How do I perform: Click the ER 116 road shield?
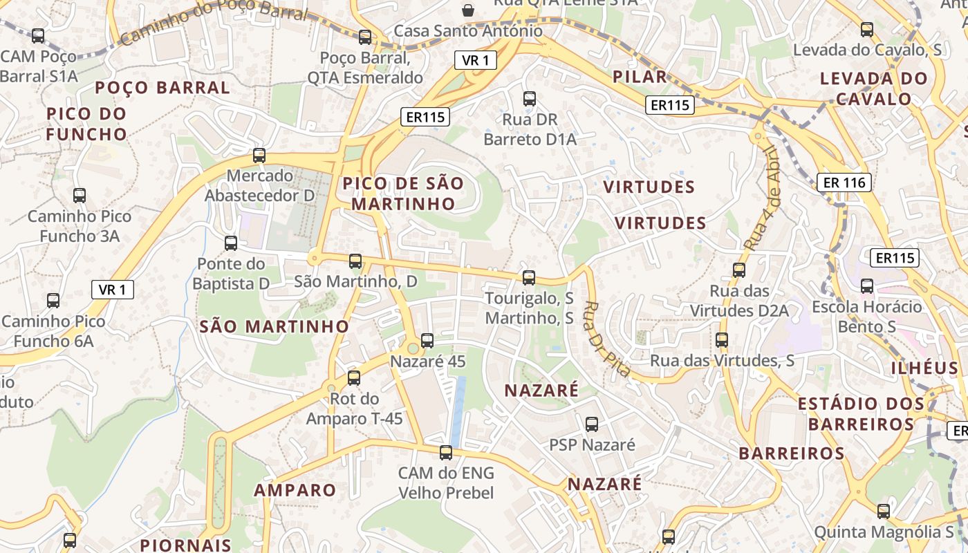click(844, 183)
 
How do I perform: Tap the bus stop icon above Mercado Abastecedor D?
click(259, 156)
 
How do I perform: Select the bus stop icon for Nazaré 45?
click(427, 340)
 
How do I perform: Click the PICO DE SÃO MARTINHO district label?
click(403, 194)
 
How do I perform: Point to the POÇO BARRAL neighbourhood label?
click(162, 88)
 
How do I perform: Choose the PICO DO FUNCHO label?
click(86, 124)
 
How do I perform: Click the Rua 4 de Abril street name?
click(763, 197)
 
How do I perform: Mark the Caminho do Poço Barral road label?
click(214, 21)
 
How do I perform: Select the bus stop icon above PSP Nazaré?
click(592, 424)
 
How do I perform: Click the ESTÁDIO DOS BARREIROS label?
click(861, 413)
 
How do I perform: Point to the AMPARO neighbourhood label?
click(295, 490)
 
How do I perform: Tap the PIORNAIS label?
click(185, 545)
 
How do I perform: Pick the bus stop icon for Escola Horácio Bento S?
click(867, 286)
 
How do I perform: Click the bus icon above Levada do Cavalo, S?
click(867, 30)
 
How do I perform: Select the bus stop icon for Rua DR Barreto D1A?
click(530, 99)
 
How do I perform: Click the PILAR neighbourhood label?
click(640, 77)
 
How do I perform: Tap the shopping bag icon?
click(468, 10)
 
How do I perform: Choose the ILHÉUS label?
click(924, 368)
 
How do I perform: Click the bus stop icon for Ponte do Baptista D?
click(231, 243)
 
